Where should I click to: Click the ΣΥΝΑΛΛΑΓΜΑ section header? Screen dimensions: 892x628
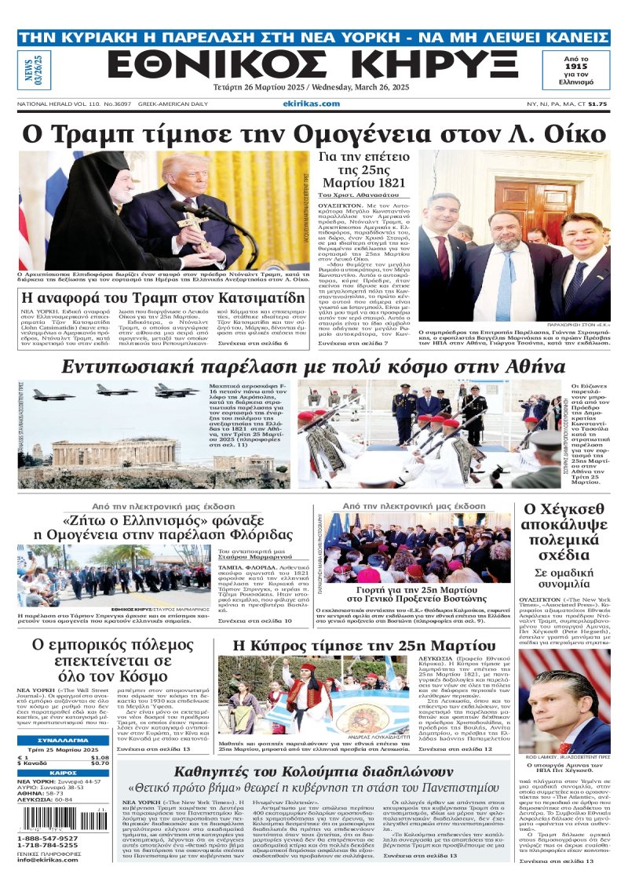pos(63,741)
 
